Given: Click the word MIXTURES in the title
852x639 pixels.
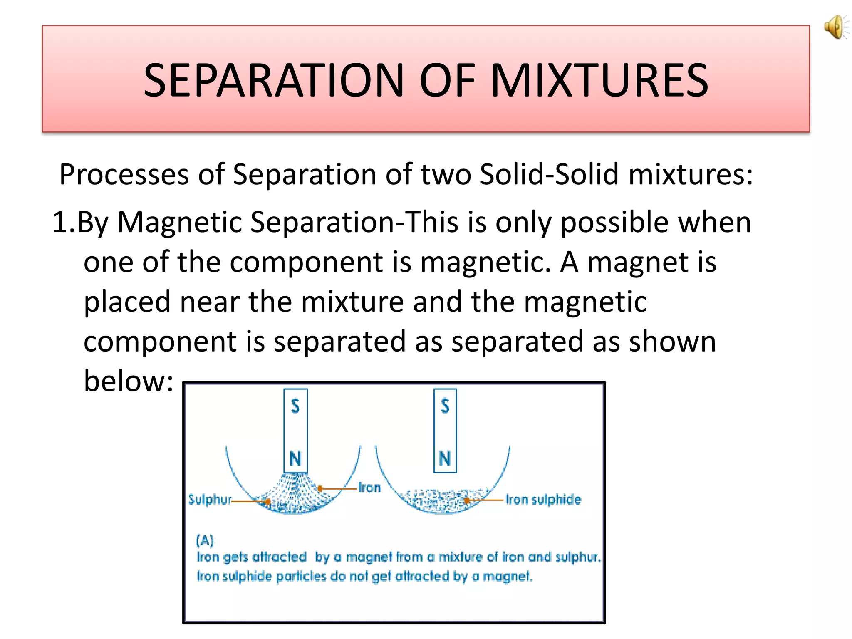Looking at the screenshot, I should [x=599, y=80].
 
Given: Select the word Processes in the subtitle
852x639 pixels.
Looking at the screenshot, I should [x=124, y=174].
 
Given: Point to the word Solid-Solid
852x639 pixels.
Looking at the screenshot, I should [x=549, y=174].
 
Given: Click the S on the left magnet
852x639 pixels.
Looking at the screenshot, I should [x=295, y=406].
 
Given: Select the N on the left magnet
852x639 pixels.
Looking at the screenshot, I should [x=295, y=459].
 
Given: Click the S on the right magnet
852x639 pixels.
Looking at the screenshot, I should [x=445, y=406].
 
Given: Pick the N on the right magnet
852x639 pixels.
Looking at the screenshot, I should [x=445, y=459].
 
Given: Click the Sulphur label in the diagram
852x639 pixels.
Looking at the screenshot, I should [x=210, y=499].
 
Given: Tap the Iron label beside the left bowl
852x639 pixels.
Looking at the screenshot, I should [x=369, y=488].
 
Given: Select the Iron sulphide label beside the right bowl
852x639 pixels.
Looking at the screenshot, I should [x=543, y=499].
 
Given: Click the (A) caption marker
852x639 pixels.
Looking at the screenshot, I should [x=205, y=540].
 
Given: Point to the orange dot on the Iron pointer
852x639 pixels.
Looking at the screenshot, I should [x=320, y=489].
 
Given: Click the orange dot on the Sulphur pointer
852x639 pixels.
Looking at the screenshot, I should [x=267, y=502].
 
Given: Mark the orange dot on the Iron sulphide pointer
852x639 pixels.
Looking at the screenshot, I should [x=467, y=500].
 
